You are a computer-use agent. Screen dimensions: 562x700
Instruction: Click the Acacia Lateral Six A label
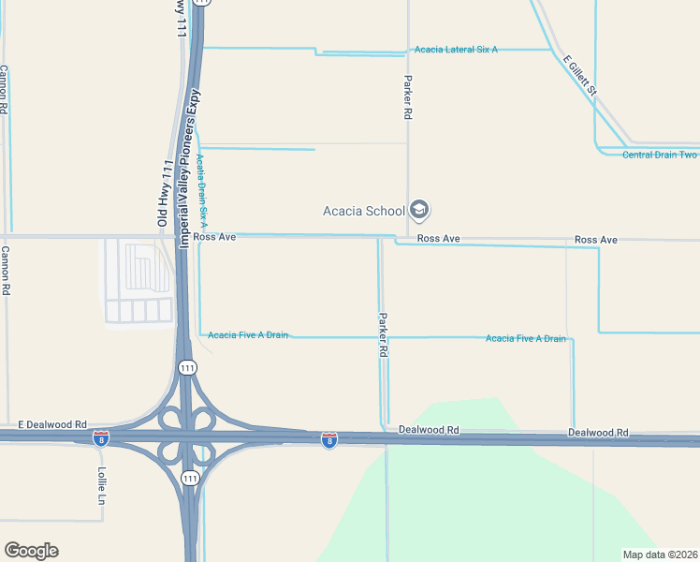[455, 50]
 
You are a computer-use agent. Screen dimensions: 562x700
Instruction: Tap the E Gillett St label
[580, 77]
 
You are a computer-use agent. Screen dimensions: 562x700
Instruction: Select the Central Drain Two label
[660, 155]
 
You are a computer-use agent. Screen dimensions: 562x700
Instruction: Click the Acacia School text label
[364, 210]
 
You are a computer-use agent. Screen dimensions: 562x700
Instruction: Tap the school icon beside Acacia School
[419, 210]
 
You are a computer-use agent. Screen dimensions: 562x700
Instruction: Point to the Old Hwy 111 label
[165, 193]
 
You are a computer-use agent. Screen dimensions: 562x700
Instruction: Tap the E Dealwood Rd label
[52, 424]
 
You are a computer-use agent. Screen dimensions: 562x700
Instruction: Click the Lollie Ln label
[102, 485]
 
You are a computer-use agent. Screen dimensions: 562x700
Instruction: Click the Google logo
[31, 551]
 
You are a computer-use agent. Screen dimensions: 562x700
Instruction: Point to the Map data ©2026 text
[659, 555]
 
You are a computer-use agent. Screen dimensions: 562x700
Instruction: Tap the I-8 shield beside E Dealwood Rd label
[101, 437]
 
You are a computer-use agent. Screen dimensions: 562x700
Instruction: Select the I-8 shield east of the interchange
[329, 439]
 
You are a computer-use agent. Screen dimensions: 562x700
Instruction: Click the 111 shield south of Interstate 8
[190, 479]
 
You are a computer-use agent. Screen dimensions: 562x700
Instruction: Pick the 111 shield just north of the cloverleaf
[188, 367]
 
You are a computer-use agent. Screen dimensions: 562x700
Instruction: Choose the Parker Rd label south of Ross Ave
[383, 335]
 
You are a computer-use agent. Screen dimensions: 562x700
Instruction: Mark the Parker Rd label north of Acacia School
[408, 97]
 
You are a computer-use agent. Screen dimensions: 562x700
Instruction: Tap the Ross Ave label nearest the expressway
[214, 238]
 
